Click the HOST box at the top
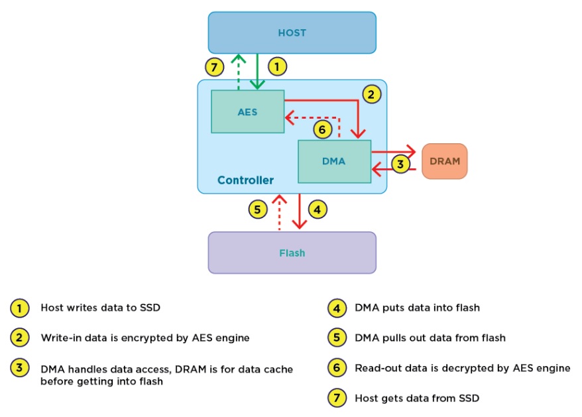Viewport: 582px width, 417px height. coord(292,32)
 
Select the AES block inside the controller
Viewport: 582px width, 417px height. coord(247,111)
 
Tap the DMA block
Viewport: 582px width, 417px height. coord(333,161)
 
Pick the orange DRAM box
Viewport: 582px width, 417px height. coord(444,161)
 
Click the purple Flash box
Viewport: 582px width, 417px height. coord(292,253)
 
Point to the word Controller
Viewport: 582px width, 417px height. coord(245,180)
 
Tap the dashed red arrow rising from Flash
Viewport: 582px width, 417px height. coord(280,212)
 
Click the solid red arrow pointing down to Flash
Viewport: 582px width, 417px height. coord(301,212)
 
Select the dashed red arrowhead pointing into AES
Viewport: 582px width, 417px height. coord(290,119)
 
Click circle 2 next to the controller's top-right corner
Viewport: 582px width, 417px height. coord(371,94)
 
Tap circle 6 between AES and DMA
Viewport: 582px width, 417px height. coord(322,130)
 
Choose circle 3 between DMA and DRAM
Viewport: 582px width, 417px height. coord(400,164)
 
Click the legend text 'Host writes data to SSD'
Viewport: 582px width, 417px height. coord(100,308)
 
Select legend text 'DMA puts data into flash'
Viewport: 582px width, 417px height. coord(417,308)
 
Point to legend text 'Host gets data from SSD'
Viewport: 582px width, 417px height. coord(417,398)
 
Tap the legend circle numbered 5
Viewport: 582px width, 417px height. coord(337,337)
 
